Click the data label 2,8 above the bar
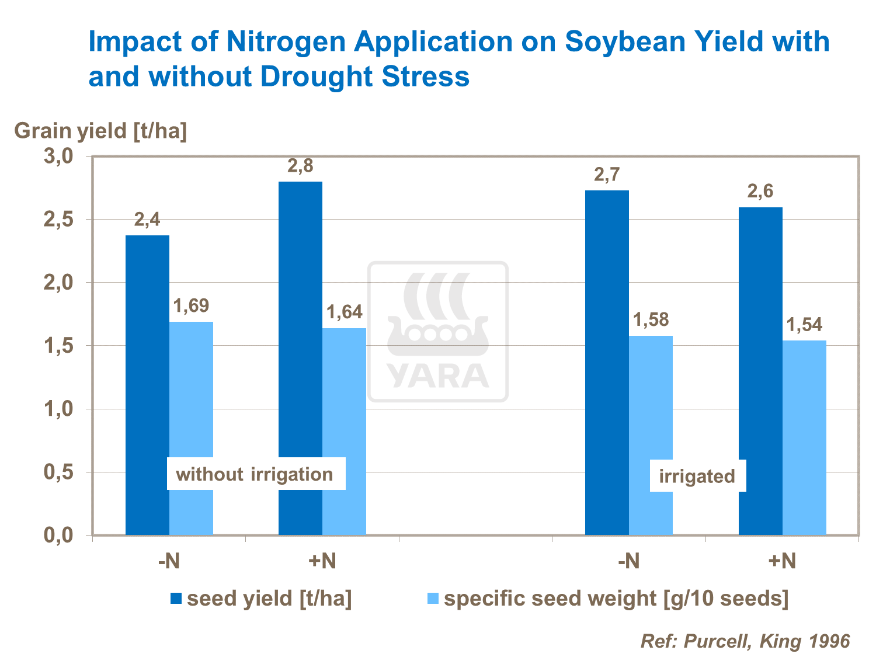[x=300, y=166]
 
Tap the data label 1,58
[x=651, y=320]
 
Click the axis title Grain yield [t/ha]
[x=100, y=131]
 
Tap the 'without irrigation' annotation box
[x=255, y=474]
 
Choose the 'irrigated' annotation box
[x=697, y=476]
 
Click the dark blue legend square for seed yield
[x=176, y=599]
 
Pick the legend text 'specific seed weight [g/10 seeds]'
[x=616, y=599]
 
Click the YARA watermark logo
[x=437, y=332]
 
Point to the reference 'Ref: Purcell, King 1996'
[x=745, y=641]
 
